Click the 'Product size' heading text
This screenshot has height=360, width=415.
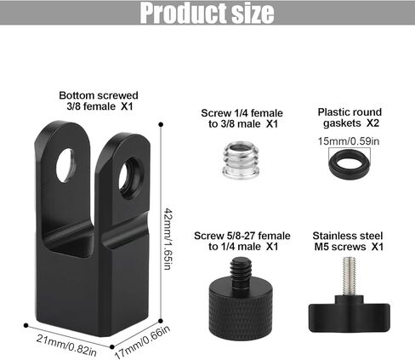coord(207,13)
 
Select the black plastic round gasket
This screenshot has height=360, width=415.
coord(350,163)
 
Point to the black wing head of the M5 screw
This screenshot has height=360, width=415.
coord(350,314)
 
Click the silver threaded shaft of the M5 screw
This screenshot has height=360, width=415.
coord(350,276)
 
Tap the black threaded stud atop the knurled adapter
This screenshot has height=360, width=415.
coord(241,271)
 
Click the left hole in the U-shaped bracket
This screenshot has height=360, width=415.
coord(66,165)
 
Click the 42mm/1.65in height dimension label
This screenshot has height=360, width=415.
coord(168,239)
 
